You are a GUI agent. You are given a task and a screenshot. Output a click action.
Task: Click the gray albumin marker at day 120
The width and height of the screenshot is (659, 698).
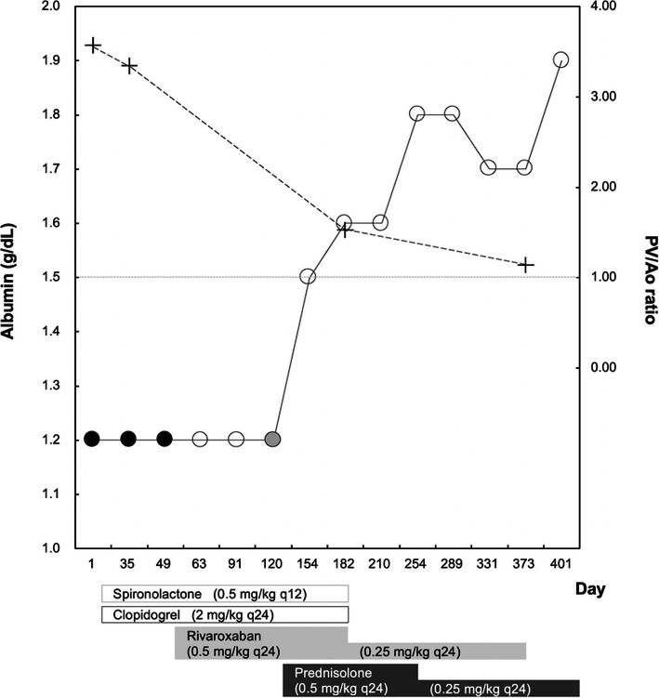point(271,439)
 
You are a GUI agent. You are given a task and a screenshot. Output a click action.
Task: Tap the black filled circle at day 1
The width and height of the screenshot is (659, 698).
point(92,439)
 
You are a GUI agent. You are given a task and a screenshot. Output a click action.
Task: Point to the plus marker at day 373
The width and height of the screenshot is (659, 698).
point(526,265)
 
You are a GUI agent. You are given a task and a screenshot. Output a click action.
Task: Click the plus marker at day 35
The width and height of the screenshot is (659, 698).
point(129,65)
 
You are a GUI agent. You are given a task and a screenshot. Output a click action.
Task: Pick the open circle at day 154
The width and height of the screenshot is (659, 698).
point(308,276)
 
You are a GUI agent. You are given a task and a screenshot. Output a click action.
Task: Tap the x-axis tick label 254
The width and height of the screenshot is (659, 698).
point(416,564)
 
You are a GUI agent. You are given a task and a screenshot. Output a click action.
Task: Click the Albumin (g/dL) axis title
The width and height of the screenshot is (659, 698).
point(17,276)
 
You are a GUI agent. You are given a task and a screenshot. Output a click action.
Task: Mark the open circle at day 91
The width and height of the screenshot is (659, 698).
point(236,439)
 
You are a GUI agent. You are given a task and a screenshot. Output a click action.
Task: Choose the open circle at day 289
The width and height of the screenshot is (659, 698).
point(453,113)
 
